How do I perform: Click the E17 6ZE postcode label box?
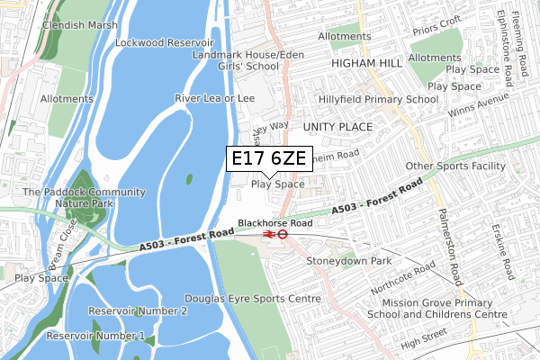tap(269, 159)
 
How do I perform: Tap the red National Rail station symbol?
tap(268, 233)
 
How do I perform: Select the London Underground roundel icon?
tap(282, 233)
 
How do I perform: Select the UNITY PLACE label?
tap(337, 127)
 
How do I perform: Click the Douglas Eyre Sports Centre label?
tap(252, 298)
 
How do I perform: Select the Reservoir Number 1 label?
tap(95, 336)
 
